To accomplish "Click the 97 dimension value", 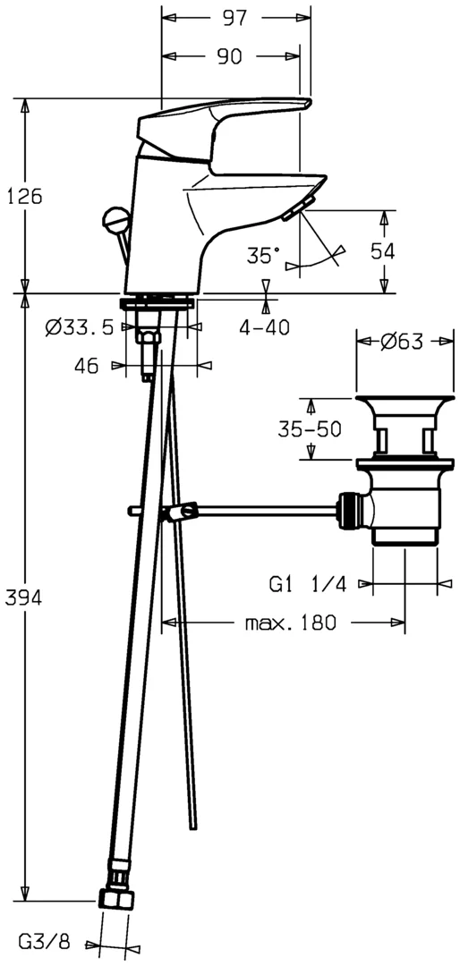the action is tap(235, 18).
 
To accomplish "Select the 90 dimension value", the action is tap(229, 56).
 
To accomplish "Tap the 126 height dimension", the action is tap(24, 197).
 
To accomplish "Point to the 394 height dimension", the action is tap(23, 597).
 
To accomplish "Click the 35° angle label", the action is tap(263, 255).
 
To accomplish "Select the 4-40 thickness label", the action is tap(265, 328).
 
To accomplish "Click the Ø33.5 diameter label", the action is tap(80, 327).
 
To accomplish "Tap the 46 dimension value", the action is tap(86, 366).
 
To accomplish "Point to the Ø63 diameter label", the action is tap(401, 342).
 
